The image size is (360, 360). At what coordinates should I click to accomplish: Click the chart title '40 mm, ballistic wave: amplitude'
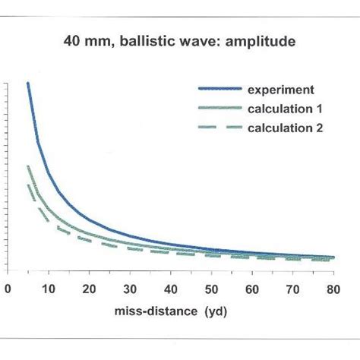coord(179,44)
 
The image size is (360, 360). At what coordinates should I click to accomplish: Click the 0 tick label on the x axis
coord(8,289)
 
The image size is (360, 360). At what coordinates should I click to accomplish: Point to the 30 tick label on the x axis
coord(129,289)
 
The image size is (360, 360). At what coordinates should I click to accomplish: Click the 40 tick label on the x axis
coord(170,289)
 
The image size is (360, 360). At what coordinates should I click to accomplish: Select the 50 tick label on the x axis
coord(211,289)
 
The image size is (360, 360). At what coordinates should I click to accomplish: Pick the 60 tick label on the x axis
coord(252,289)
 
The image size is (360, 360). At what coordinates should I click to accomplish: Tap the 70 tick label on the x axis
coord(293,289)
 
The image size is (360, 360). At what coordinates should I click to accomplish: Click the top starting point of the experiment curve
coord(28,83)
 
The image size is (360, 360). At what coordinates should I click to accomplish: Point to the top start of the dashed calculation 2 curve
coord(28,185)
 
